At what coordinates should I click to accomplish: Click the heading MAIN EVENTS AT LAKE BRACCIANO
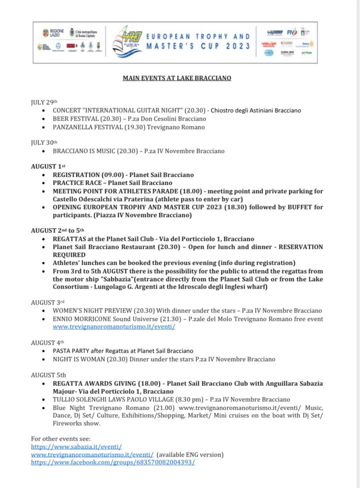click(177, 78)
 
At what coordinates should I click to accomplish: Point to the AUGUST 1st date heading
click(48, 167)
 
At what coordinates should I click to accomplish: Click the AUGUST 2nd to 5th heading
click(57, 230)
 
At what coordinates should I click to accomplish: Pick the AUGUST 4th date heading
click(47, 343)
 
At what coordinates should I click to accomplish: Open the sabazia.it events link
click(76, 447)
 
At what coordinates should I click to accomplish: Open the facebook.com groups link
click(113, 462)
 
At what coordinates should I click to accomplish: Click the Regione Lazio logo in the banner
click(53, 32)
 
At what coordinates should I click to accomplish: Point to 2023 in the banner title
click(237, 46)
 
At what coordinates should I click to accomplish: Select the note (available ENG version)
click(190, 454)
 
